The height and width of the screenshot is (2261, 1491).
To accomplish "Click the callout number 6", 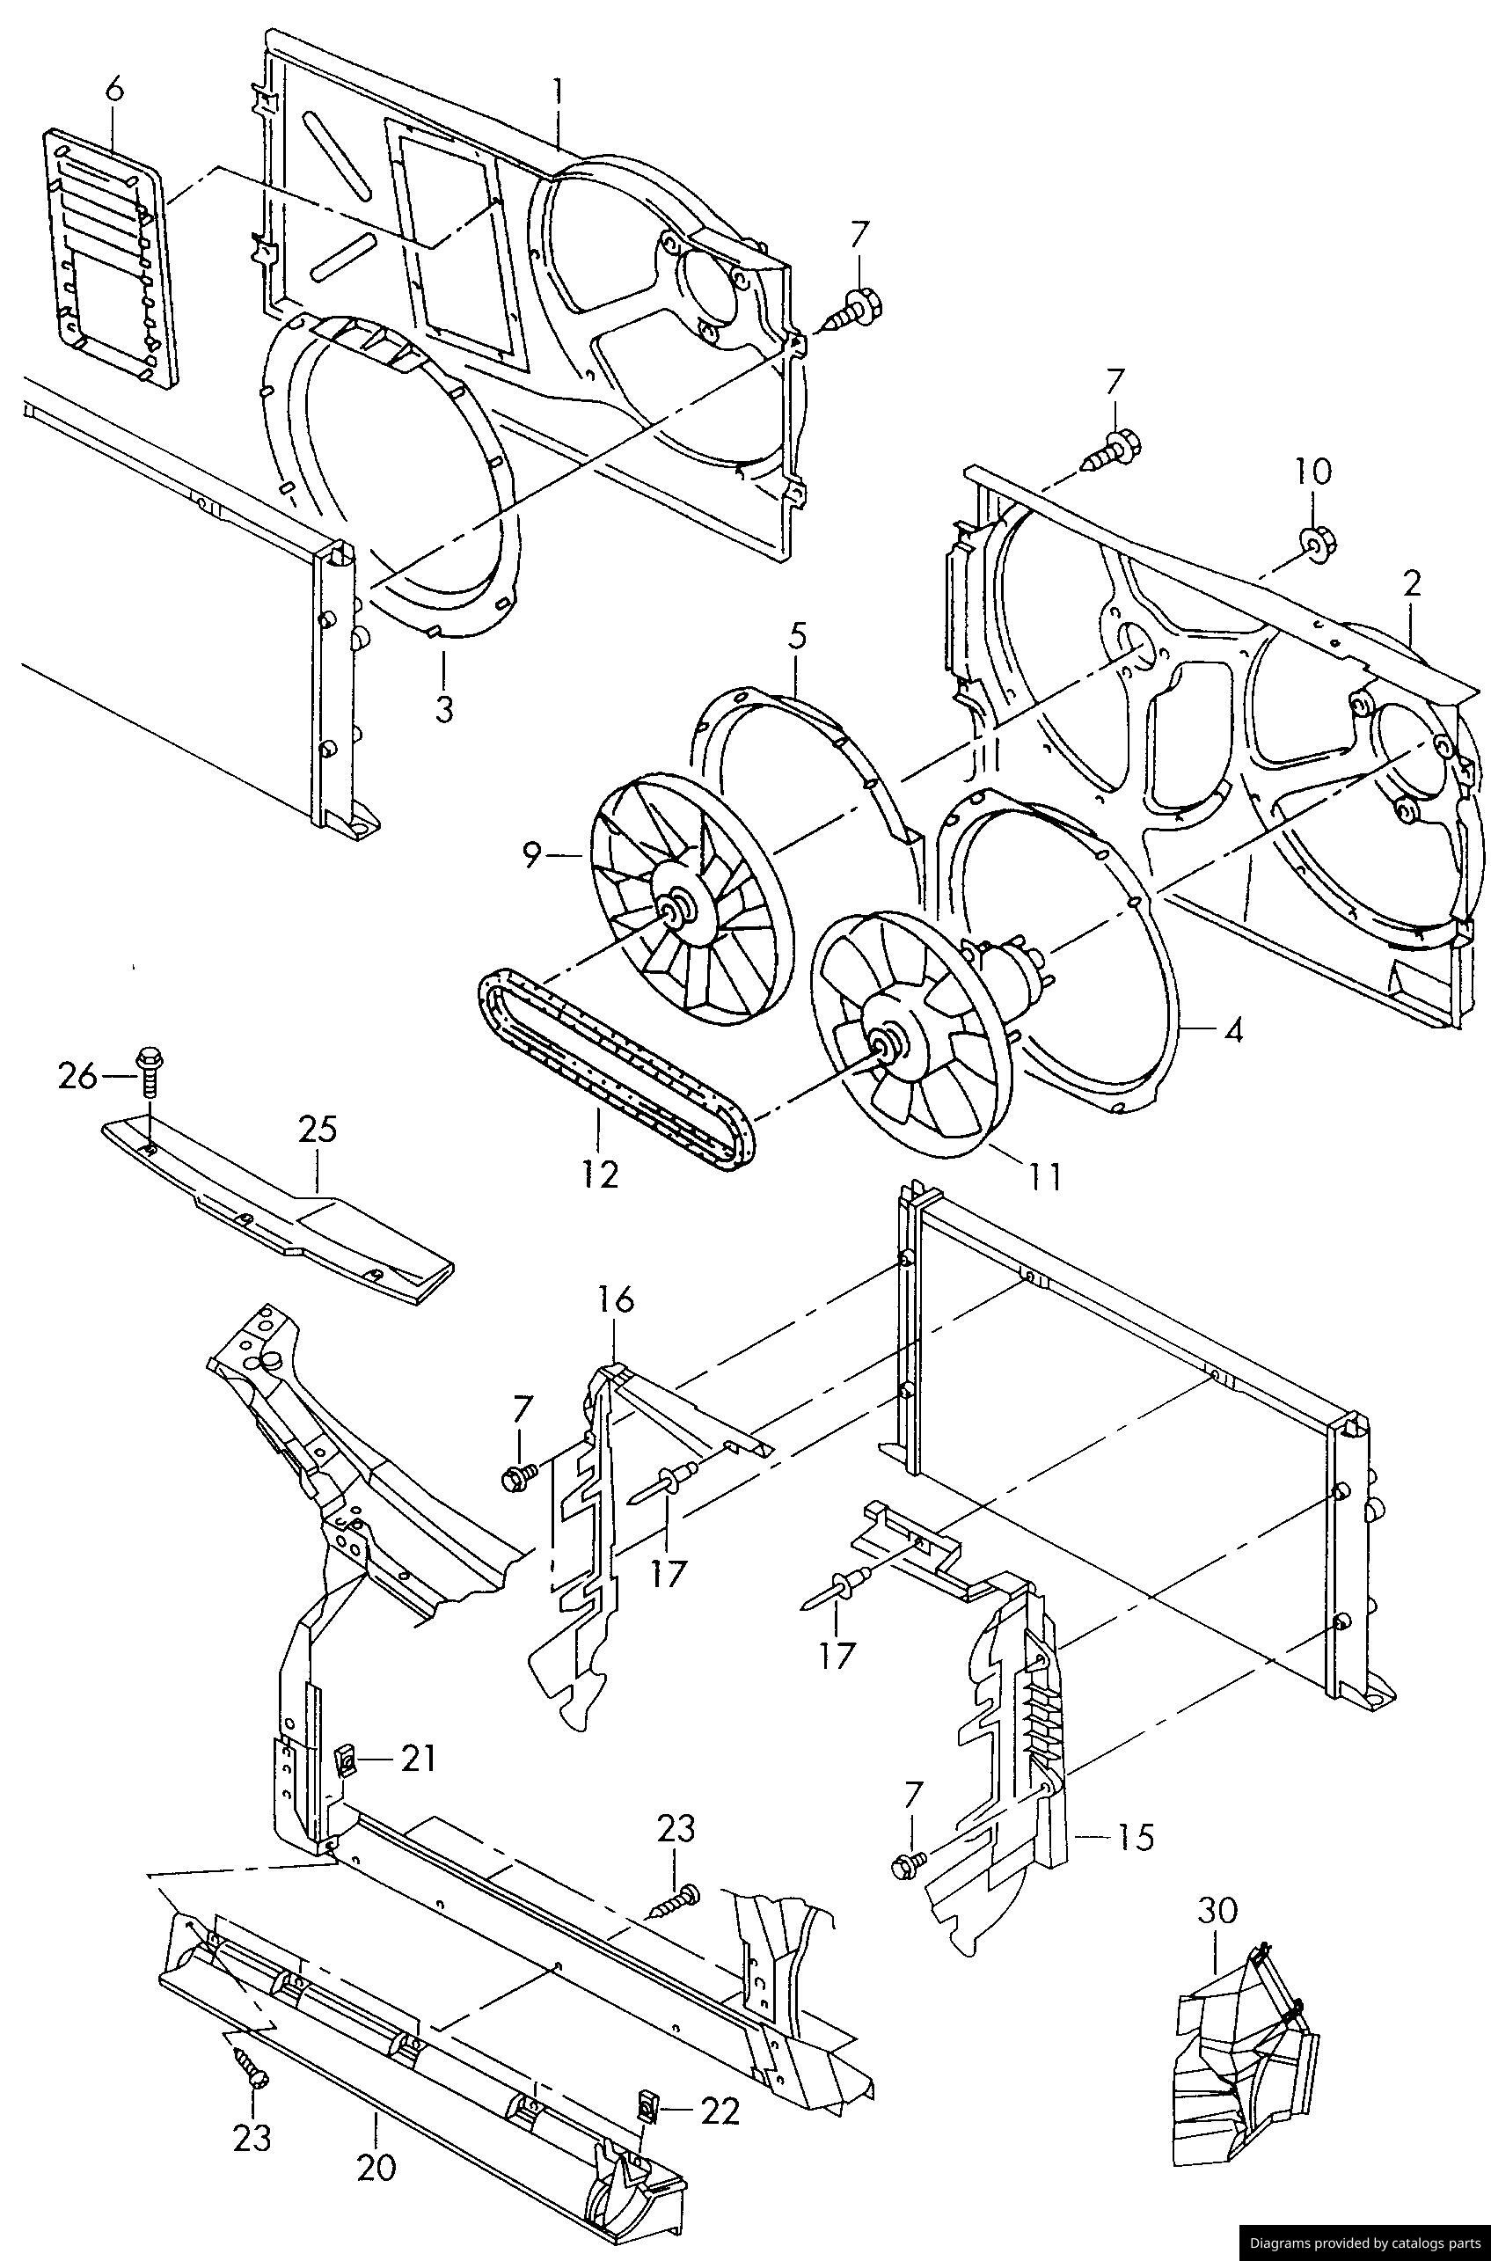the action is [x=114, y=90].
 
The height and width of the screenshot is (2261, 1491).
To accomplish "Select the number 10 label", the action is [x=1312, y=471].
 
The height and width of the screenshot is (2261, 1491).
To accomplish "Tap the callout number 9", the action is [x=532, y=856].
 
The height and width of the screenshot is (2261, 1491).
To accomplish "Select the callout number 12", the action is [x=601, y=1174].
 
